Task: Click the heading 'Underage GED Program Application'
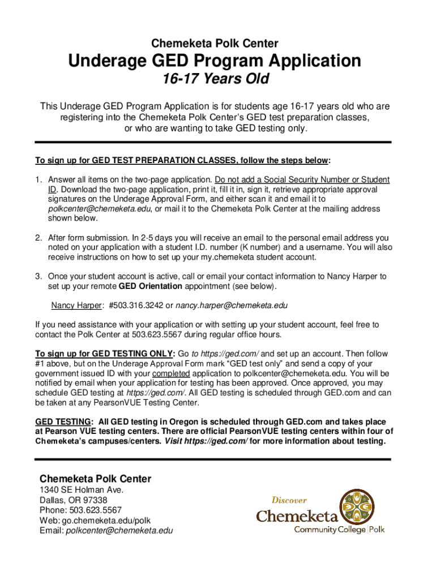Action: coord(215,61)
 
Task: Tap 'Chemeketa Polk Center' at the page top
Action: coord(215,43)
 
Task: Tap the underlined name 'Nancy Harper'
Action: coord(76,306)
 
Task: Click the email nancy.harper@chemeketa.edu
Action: coord(232,306)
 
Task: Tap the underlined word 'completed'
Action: coord(171,374)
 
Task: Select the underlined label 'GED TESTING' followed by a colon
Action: coord(62,422)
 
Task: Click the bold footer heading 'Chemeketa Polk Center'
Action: coord(95,479)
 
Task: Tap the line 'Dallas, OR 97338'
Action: coord(74,501)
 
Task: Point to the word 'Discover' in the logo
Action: coord(289,500)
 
